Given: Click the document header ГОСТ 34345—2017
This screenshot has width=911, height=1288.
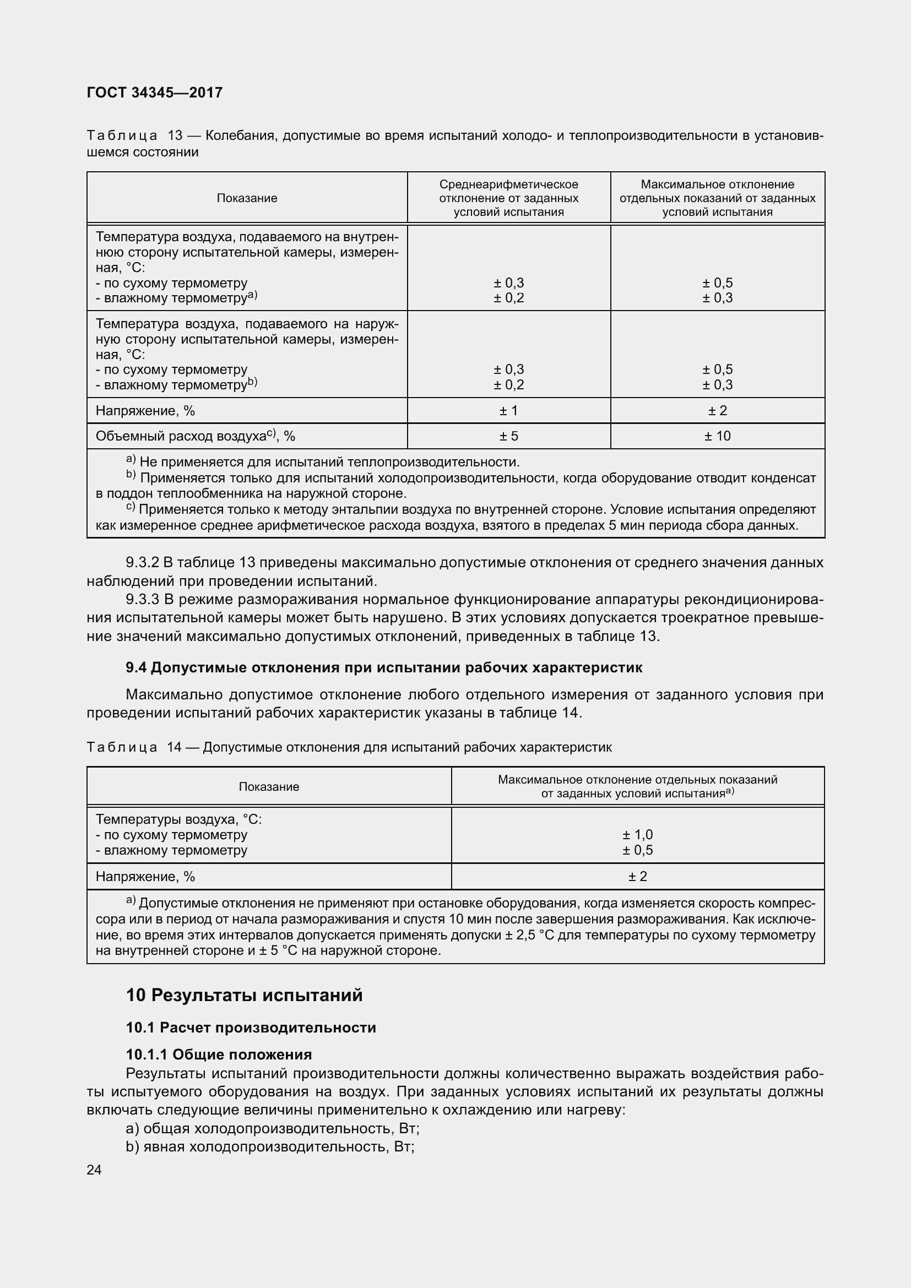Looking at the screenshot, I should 155,93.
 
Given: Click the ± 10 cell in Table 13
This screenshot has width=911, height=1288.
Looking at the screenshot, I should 718,436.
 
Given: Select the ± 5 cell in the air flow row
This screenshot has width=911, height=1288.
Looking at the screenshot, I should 509,436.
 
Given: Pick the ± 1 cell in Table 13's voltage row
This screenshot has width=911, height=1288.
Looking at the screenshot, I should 509,411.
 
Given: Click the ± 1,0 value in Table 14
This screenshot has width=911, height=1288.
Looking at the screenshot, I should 637,835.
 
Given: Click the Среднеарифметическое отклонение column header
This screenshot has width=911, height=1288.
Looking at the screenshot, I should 509,198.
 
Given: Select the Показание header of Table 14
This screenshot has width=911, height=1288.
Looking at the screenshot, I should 269,786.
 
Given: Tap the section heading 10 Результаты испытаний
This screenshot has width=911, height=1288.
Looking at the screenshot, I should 244,995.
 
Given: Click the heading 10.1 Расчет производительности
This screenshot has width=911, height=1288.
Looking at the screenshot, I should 251,1028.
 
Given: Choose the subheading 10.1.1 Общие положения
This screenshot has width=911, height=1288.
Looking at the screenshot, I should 219,1055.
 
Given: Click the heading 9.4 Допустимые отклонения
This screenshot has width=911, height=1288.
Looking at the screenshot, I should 384,667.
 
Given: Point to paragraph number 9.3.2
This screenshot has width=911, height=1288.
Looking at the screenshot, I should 143,563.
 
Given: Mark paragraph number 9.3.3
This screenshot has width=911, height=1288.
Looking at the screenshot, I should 143,600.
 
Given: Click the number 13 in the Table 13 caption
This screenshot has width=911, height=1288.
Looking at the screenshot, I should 175,136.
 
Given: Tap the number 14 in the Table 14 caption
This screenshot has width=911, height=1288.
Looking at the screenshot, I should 175,747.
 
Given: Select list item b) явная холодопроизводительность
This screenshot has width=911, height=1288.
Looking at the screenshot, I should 270,1146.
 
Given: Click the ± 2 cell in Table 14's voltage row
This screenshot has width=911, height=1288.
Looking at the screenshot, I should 637,876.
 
